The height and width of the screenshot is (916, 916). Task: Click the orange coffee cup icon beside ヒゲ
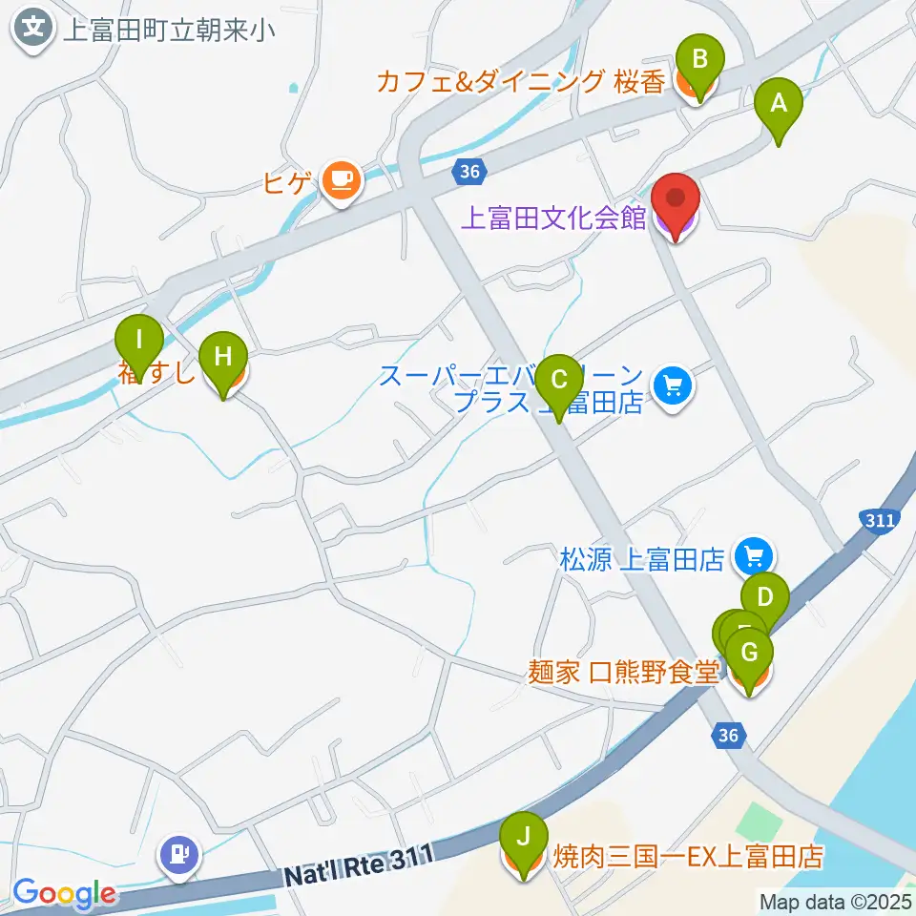[342, 178]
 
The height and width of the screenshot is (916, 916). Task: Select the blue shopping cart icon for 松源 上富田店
[754, 555]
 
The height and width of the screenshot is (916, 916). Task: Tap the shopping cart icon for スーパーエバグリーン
[674, 386]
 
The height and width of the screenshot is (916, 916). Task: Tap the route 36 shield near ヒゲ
[468, 172]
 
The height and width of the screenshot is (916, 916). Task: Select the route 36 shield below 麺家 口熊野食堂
[729, 735]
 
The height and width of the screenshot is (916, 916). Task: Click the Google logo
[64, 894]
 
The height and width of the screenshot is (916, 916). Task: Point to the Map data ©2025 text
[836, 901]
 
